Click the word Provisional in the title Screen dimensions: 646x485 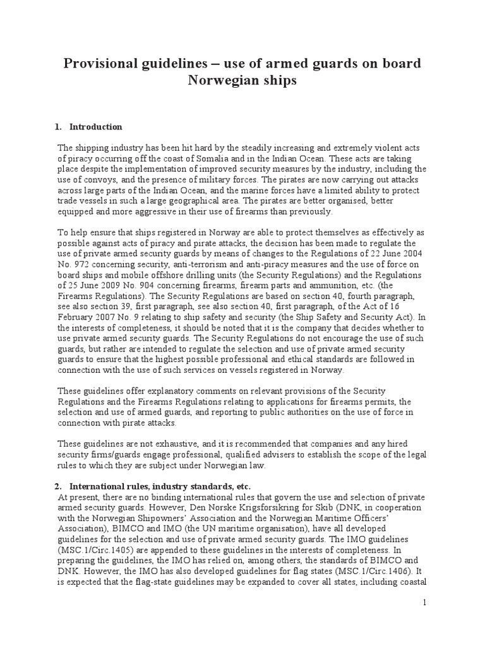pos(109,64)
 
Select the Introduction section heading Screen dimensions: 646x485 pos(95,127)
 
